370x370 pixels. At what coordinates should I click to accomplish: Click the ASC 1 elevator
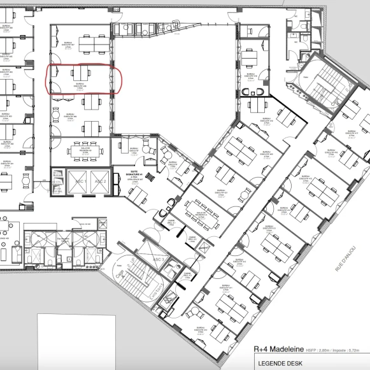(x=78, y=181)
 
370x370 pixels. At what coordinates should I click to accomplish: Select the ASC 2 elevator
(x=99, y=181)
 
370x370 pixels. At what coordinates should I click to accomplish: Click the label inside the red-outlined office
(x=80, y=87)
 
